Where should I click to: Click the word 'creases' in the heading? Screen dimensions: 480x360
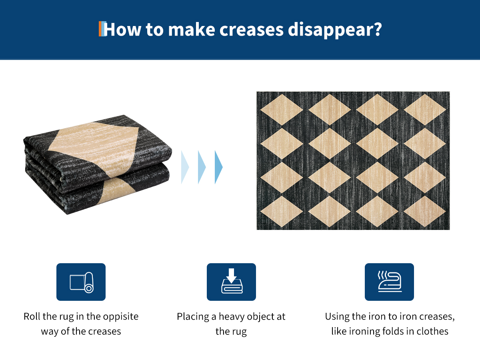pyautogui.click(x=252, y=30)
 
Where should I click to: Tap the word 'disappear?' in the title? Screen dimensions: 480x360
pyautogui.click(x=335, y=30)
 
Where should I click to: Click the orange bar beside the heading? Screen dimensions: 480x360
pyautogui.click(x=100, y=29)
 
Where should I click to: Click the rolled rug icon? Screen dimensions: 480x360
pyautogui.click(x=81, y=282)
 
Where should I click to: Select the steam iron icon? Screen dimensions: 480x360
pyautogui.click(x=389, y=282)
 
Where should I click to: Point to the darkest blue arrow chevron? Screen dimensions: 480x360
pyautogui.click(x=219, y=167)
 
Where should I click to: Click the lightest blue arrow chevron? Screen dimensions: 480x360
pyautogui.click(x=185, y=167)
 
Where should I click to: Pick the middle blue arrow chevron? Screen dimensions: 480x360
pyautogui.click(x=202, y=167)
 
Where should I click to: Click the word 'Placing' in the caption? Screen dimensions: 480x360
pyautogui.click(x=193, y=317)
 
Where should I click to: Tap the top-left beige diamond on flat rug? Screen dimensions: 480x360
pyautogui.click(x=282, y=110)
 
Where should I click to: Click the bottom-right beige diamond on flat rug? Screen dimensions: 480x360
pyautogui.click(x=425, y=211)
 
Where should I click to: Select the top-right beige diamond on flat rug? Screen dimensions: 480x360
pyautogui.click(x=425, y=110)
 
